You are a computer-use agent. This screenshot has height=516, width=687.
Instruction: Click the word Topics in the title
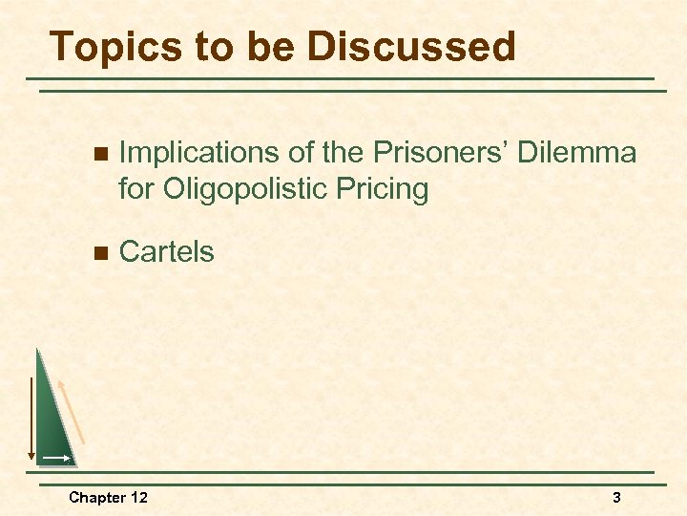105,47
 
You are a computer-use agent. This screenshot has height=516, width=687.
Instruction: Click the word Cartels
166,252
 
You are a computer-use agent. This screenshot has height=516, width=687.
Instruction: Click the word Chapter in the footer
95,497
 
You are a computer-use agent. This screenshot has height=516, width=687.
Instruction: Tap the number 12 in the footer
138,497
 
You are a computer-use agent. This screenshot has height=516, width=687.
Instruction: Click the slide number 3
616,497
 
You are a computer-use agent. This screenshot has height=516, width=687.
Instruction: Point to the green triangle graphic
53,420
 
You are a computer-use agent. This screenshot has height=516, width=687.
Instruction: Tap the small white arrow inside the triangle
55,459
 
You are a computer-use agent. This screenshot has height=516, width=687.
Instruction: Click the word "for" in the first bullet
135,189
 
